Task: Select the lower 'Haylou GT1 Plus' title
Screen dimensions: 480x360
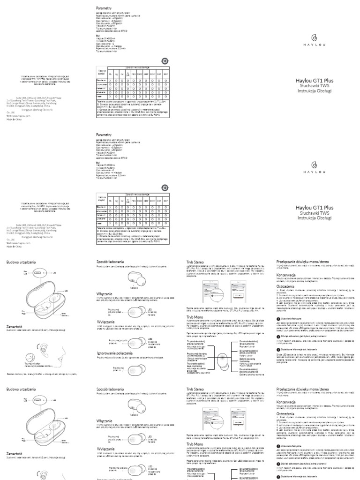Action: coord(315,207)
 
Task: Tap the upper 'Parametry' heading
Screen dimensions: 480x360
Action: coord(104,8)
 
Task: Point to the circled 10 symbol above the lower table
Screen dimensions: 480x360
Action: coord(165,187)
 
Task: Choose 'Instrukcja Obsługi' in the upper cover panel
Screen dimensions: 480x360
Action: coord(315,91)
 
